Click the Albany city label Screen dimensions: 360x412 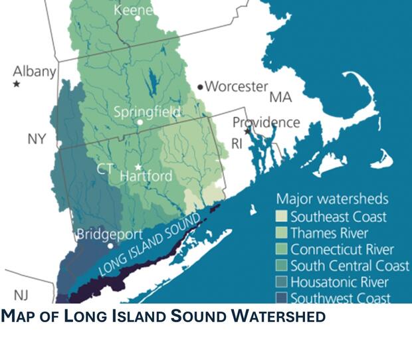35,71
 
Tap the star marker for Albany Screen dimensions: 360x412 16,84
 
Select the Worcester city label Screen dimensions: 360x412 236,86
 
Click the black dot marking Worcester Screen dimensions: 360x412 200,87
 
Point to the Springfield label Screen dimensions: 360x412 147,112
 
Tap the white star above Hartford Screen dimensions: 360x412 139,167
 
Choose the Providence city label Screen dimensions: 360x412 266,123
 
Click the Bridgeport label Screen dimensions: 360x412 110,234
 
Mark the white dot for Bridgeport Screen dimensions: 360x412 110,245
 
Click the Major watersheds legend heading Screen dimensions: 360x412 332,199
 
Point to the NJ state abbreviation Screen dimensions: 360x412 21,294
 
